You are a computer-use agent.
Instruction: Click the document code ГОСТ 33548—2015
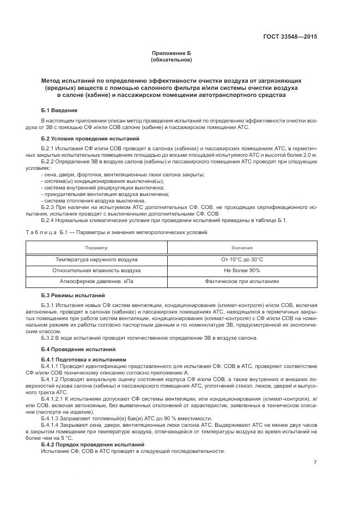pos(289,37)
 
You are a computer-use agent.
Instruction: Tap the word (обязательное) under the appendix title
pos(172,60)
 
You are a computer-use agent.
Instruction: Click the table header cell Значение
pos(242,248)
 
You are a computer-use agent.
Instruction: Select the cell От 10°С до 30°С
pos(242,260)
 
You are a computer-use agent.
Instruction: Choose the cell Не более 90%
pos(242,271)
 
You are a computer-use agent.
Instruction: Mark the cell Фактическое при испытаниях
pos(242,281)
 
